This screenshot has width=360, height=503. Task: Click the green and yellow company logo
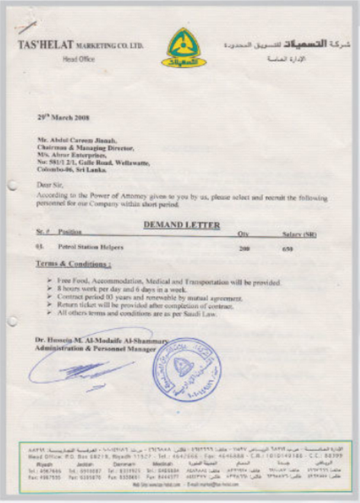[184, 47]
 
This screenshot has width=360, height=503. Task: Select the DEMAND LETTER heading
[182, 225]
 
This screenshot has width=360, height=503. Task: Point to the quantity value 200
[244, 248]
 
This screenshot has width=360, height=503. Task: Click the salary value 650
[287, 248]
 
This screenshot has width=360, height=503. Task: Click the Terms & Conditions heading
[74, 263]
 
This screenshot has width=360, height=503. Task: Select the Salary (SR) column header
[299, 235]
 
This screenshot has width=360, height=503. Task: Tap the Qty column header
[243, 234]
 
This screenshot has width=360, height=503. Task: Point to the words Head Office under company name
[74, 59]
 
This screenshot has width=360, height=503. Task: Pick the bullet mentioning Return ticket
[145, 306]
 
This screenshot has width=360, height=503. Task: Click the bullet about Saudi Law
[137, 314]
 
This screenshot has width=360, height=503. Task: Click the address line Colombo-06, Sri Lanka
[72, 169]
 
